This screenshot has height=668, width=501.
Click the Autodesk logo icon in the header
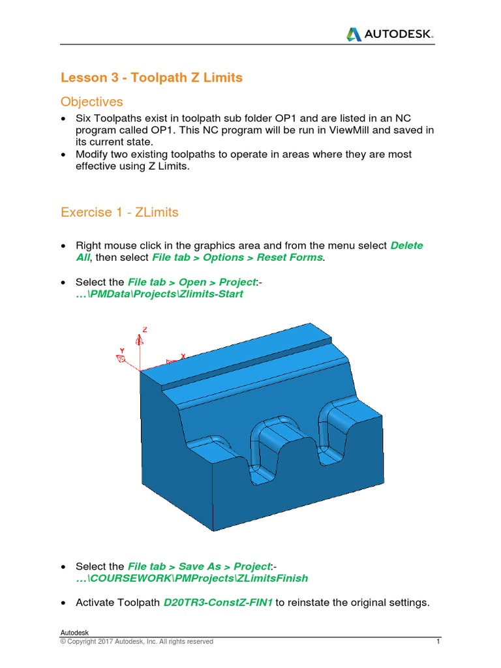click(x=353, y=34)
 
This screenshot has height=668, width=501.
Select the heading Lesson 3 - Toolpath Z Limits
click(x=151, y=78)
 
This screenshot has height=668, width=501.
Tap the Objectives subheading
click(x=91, y=102)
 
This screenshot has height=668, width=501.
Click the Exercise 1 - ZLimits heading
click(x=119, y=212)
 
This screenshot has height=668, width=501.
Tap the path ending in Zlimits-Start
click(x=159, y=294)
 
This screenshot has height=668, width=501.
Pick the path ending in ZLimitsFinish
click(x=192, y=578)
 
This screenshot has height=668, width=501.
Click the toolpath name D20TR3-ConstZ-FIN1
click(x=217, y=602)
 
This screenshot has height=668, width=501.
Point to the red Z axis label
click(x=145, y=330)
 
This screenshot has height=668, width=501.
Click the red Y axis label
click(x=122, y=350)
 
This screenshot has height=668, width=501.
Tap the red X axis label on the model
click(x=183, y=356)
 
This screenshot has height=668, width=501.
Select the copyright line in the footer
click(x=136, y=641)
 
